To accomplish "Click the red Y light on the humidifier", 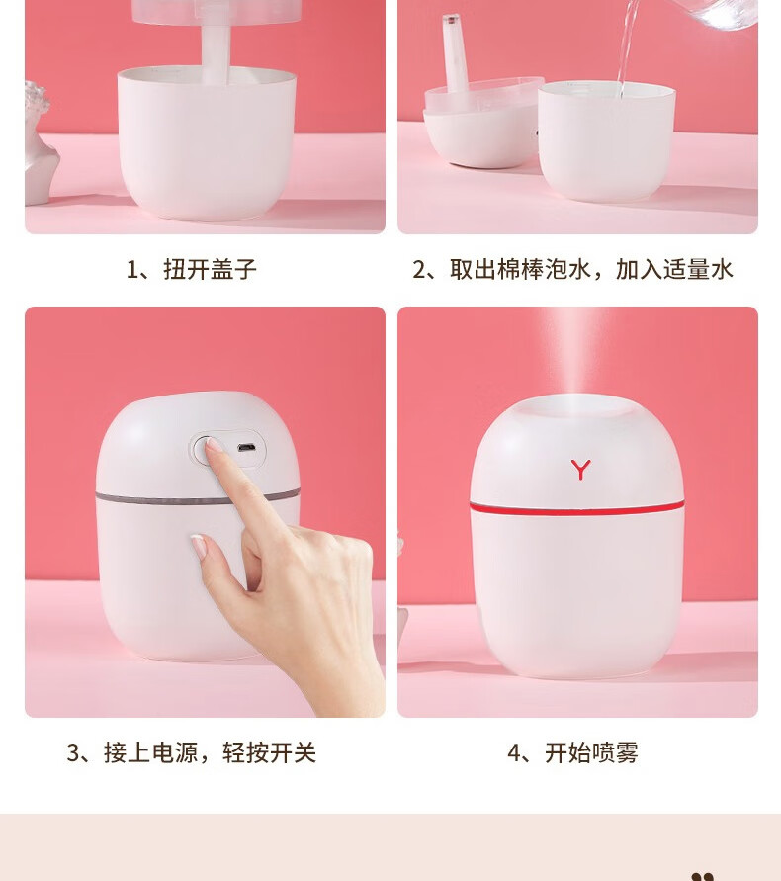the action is [581, 469].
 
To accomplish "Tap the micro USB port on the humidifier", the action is [245, 448].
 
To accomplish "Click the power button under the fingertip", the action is [205, 450].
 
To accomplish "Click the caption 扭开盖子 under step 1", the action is [210, 270].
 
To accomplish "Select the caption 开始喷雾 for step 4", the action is [591, 752].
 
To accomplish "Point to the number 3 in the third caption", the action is [73, 752].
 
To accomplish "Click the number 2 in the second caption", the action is [419, 270].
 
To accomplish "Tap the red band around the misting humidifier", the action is [577, 508].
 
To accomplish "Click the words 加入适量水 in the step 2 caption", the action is [674, 270].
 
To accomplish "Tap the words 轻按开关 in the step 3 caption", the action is [269, 752].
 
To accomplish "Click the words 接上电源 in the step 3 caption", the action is [150, 752].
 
